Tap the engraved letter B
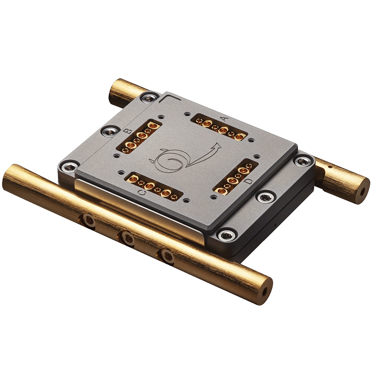tap(128, 132)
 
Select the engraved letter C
tap(141, 193)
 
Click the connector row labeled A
tap(219, 128)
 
